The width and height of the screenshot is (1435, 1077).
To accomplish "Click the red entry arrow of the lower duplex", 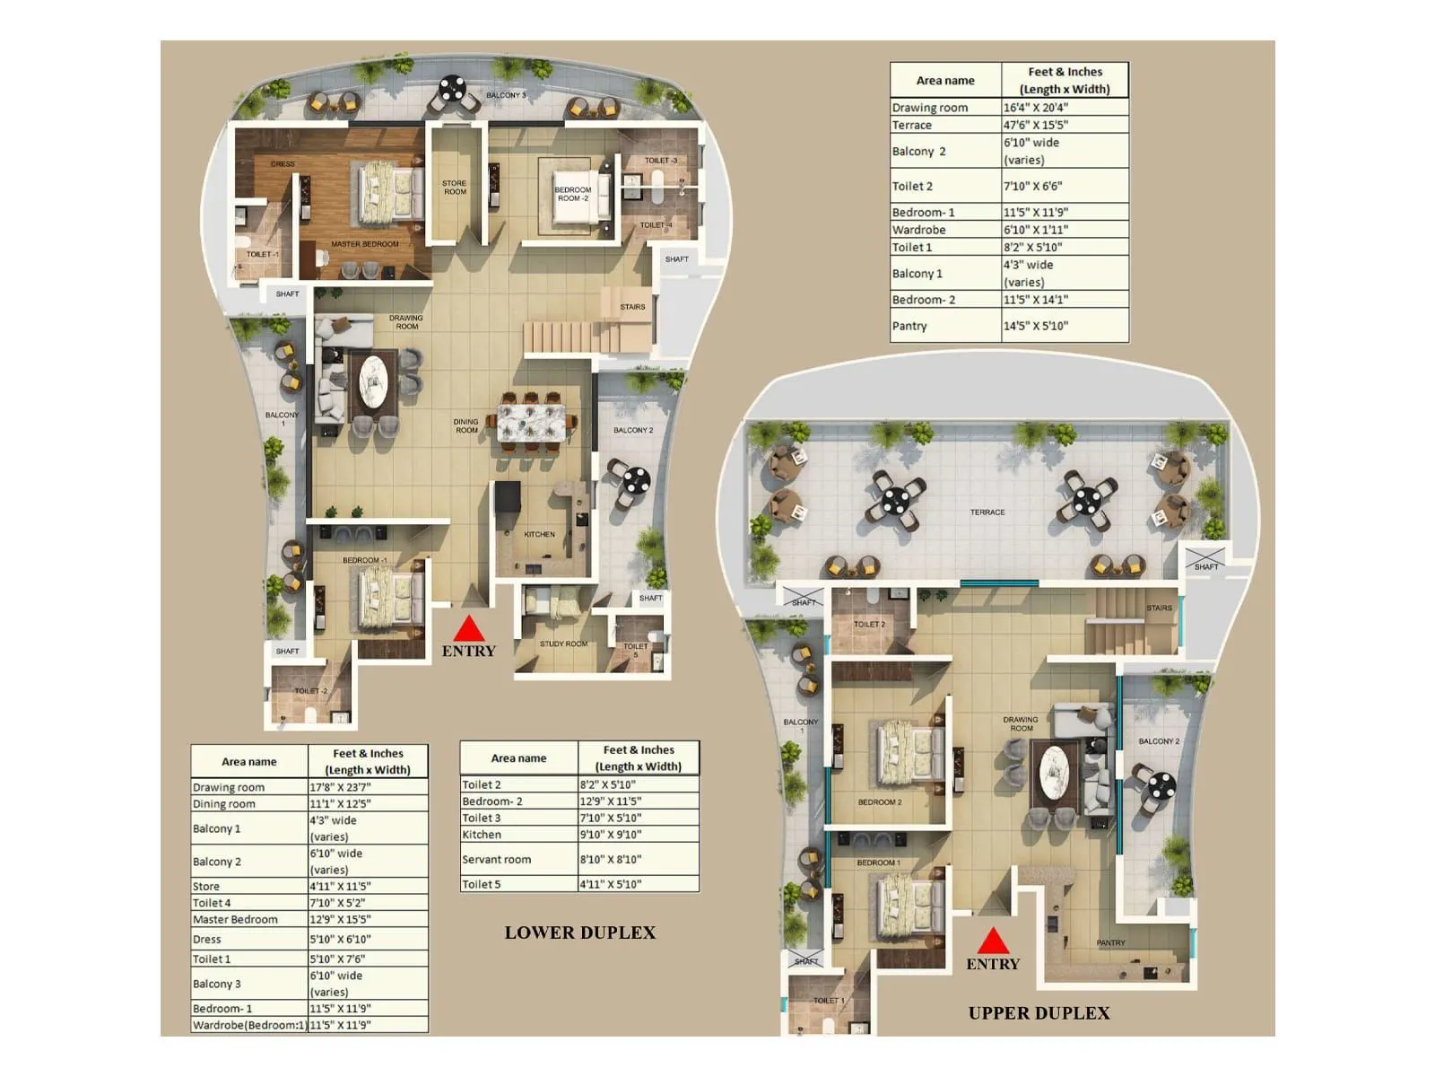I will pyautogui.click(x=468, y=629).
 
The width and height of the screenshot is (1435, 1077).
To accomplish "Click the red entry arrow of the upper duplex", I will pyautogui.click(x=992, y=941).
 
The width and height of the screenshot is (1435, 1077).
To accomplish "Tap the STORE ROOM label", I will pyautogui.click(x=455, y=188).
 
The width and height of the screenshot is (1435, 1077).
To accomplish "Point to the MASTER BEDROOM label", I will pyautogui.click(x=364, y=244).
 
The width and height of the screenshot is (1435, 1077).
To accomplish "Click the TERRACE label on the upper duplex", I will pyautogui.click(x=987, y=512).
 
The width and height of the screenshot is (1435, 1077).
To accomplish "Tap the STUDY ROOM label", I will pyautogui.click(x=563, y=644).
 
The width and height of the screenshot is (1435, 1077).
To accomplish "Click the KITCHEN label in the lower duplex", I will pyautogui.click(x=539, y=534).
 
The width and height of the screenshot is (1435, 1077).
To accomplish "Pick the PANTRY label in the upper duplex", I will pyautogui.click(x=1110, y=942).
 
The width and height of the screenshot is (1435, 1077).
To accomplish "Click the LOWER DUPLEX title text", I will pyautogui.click(x=579, y=933).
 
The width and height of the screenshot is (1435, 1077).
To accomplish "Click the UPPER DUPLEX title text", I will pyautogui.click(x=1039, y=1013).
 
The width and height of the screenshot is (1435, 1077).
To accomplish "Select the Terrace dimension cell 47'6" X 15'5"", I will pyautogui.click(x=1036, y=126).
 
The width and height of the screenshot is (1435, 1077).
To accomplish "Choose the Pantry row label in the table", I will pyautogui.click(x=909, y=327).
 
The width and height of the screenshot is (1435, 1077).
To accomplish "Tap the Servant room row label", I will pyautogui.click(x=496, y=860).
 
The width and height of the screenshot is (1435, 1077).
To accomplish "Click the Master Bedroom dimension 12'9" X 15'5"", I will pyautogui.click(x=340, y=920).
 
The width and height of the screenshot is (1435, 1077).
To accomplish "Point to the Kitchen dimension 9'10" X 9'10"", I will pyautogui.click(x=610, y=835).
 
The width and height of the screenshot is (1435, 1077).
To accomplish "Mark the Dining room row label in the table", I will pyautogui.click(x=224, y=804).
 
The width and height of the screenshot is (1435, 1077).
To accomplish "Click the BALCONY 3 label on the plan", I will pyautogui.click(x=506, y=95).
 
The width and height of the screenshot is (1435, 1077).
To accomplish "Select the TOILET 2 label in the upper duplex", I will pyautogui.click(x=868, y=625).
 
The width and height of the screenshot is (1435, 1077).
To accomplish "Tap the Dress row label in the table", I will pyautogui.click(x=207, y=940).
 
